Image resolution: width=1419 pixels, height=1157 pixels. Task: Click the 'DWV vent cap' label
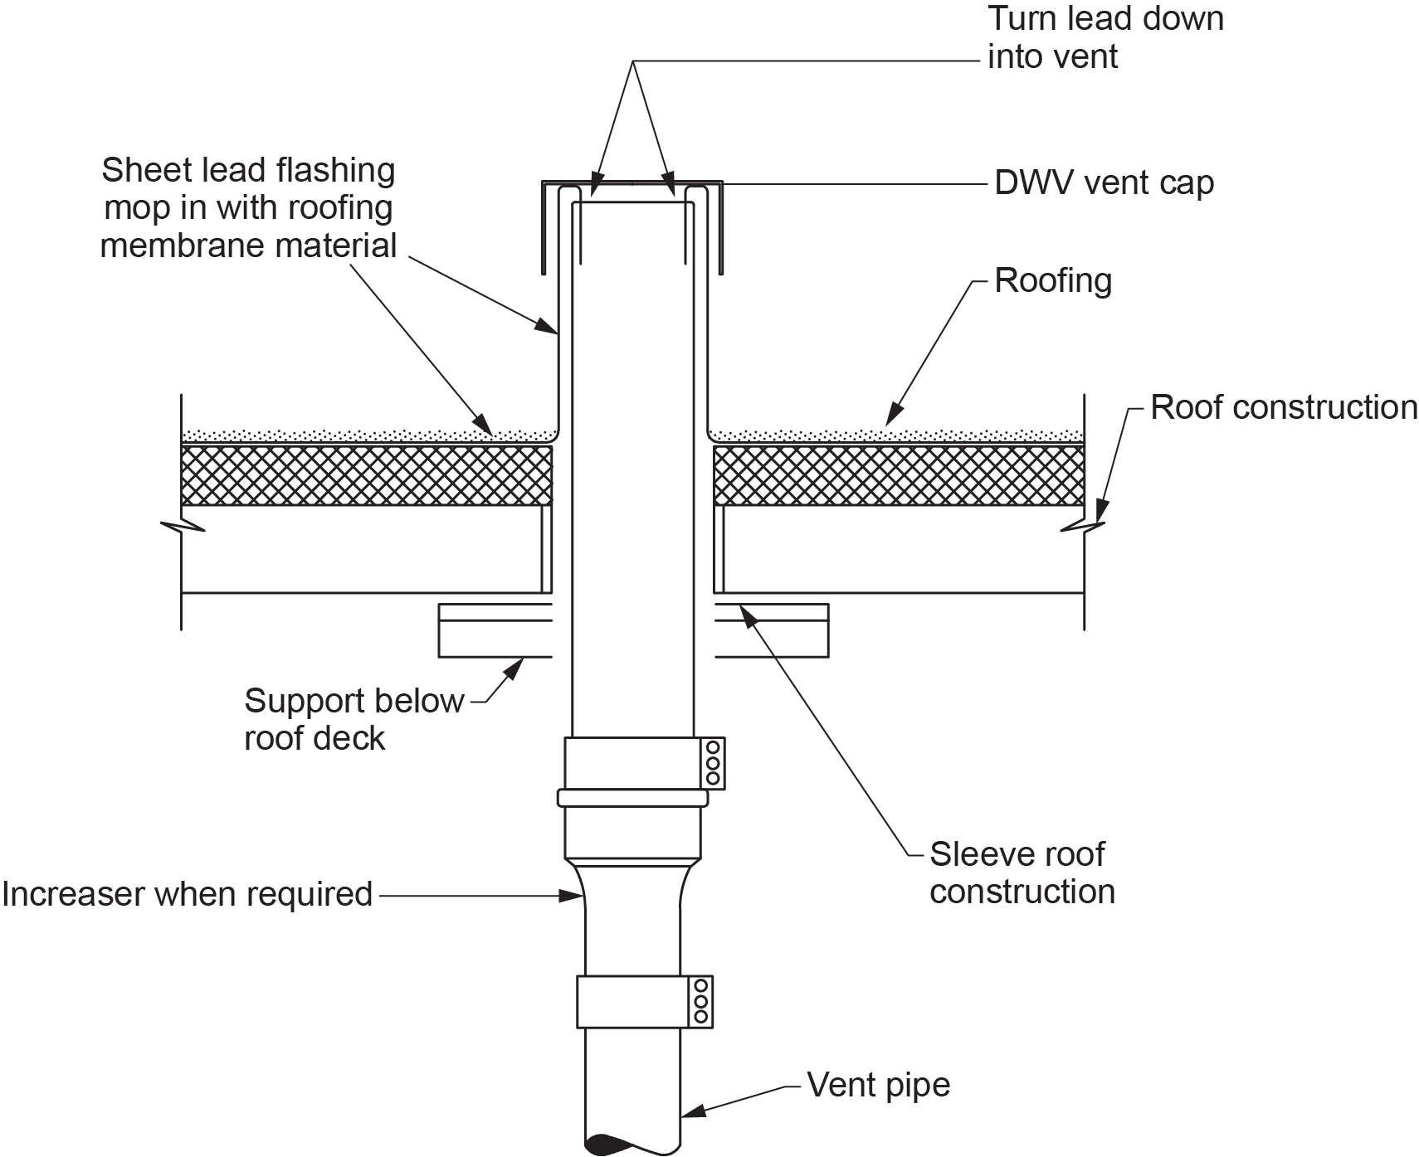(1104, 182)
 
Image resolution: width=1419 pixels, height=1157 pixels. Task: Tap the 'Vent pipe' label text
(879, 1085)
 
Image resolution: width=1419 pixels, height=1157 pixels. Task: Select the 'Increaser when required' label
(188, 895)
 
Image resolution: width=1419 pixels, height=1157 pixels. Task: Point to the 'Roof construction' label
(1283, 407)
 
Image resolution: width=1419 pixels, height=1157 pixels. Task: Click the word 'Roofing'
(1053, 280)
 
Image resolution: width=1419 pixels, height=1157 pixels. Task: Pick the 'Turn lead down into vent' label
(1105, 37)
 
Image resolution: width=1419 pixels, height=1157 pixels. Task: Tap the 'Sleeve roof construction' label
(1022, 873)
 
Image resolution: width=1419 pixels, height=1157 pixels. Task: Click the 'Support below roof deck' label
(354, 719)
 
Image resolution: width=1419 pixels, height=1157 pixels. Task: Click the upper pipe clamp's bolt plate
(712, 762)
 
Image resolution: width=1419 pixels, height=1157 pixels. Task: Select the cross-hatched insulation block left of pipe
(366, 475)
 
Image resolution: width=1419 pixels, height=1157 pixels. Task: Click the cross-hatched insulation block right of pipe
(899, 475)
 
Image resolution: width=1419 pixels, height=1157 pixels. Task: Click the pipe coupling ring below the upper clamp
(633, 798)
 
